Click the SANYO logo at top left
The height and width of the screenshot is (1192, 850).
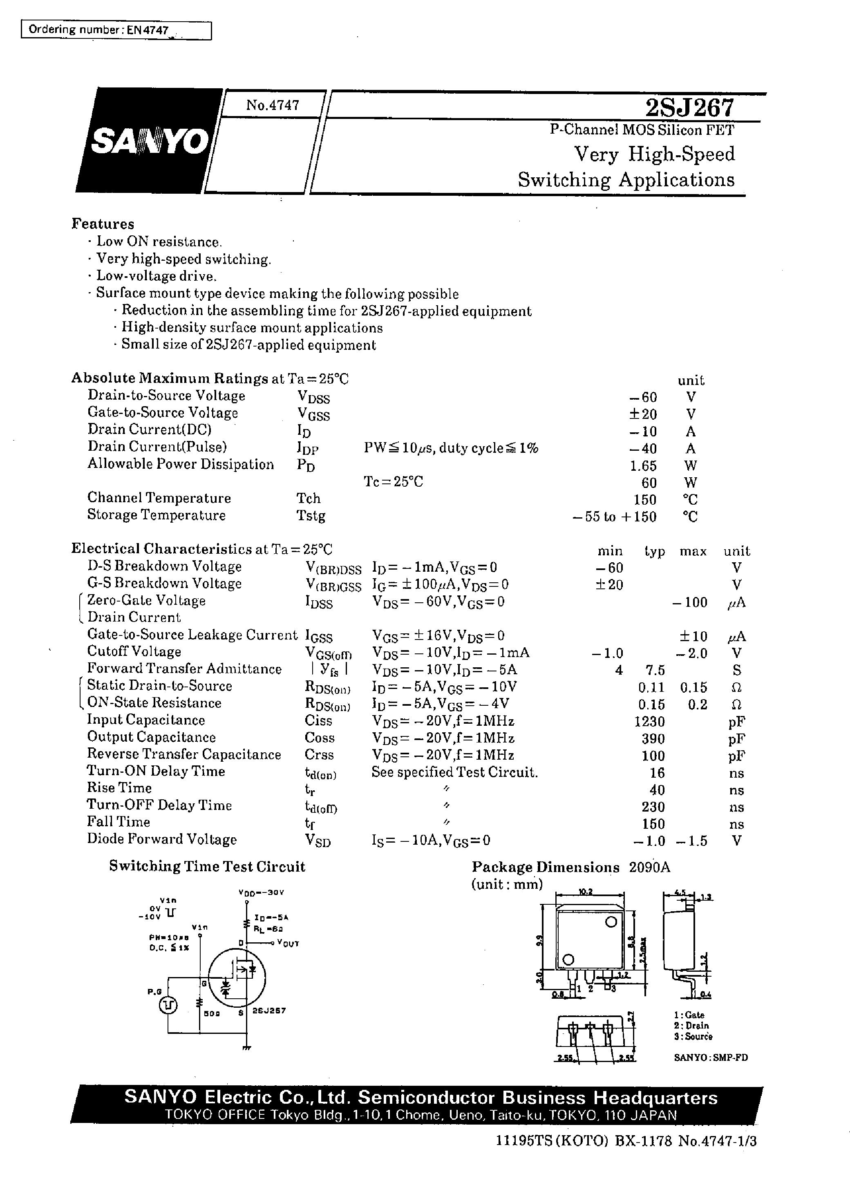click(x=149, y=140)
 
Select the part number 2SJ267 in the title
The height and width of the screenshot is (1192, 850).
click(x=689, y=108)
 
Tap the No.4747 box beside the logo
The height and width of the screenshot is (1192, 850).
click(x=272, y=105)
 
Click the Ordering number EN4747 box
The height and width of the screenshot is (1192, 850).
click(x=116, y=30)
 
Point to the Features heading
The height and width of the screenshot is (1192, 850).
click(x=103, y=224)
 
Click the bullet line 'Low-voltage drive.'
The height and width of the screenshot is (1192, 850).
click(x=156, y=276)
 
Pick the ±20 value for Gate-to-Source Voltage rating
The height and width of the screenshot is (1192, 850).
click(x=643, y=414)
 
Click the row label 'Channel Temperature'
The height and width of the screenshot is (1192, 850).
click(x=159, y=498)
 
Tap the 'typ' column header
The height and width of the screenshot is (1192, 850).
click(x=654, y=551)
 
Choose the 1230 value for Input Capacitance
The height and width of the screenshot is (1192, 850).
click(x=649, y=722)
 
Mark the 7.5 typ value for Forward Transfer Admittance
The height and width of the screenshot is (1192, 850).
click(x=655, y=670)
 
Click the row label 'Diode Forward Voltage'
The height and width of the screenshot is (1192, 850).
click(x=162, y=839)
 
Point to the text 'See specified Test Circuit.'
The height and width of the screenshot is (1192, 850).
click(x=454, y=772)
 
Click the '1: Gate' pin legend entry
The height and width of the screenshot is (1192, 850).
click(x=689, y=1015)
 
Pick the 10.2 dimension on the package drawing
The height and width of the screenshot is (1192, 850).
click(x=586, y=892)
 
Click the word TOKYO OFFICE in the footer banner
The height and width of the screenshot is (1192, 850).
click(x=215, y=1115)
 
